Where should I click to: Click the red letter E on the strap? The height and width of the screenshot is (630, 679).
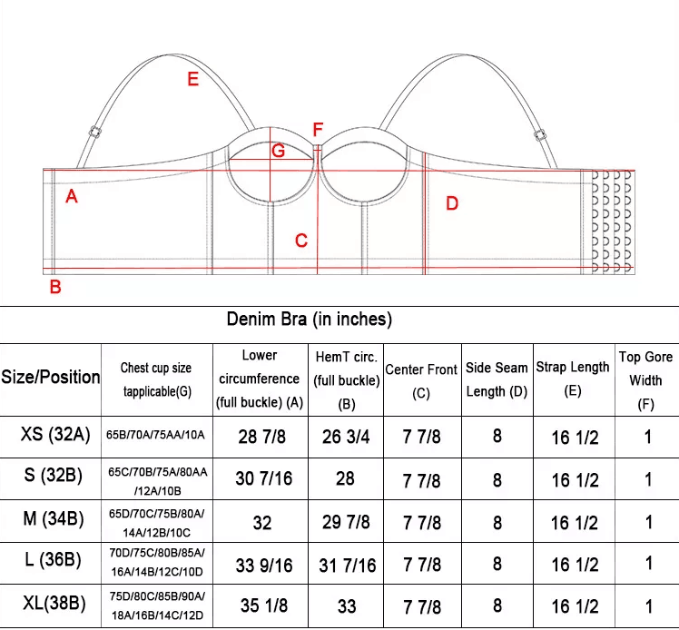[x=192, y=79]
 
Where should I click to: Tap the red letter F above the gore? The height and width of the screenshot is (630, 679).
[x=318, y=130]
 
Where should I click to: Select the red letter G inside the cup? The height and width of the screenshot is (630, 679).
[x=278, y=151]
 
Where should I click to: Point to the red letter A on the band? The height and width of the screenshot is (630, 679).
[x=72, y=197]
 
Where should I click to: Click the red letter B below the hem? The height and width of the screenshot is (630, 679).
[x=55, y=287]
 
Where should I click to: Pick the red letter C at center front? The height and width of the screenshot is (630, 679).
[x=301, y=241]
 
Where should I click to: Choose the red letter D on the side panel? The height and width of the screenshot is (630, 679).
[x=452, y=203]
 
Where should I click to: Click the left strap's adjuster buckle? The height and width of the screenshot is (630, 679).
[x=95, y=132]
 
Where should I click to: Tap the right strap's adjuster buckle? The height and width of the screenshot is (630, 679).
[x=539, y=135]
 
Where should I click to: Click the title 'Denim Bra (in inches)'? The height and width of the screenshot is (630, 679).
[x=310, y=320]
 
